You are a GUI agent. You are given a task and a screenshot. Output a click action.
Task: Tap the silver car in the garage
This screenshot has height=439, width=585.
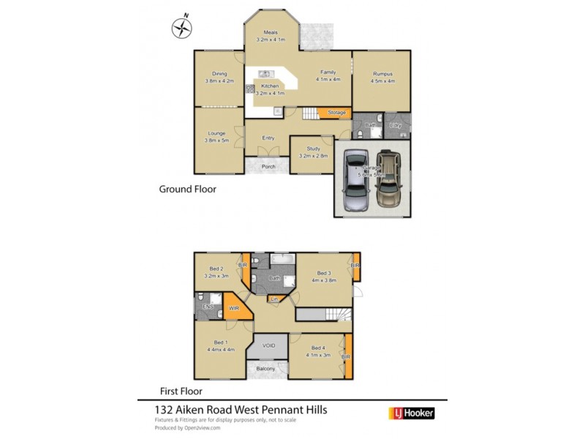(356, 180)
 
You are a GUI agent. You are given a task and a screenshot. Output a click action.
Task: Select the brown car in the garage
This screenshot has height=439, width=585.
(388, 180)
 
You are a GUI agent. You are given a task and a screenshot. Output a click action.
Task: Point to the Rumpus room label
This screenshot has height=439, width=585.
(382, 74)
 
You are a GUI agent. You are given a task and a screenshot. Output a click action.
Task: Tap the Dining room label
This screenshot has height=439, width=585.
(219, 74)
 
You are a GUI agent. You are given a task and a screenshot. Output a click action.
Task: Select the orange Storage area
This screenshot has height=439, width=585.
(336, 113)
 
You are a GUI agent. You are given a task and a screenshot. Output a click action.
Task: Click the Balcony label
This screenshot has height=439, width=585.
(265, 369)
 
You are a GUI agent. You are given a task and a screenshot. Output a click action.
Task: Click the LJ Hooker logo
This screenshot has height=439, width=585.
(410, 413)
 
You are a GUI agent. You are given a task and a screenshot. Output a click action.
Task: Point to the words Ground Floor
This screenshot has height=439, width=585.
(187, 189)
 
